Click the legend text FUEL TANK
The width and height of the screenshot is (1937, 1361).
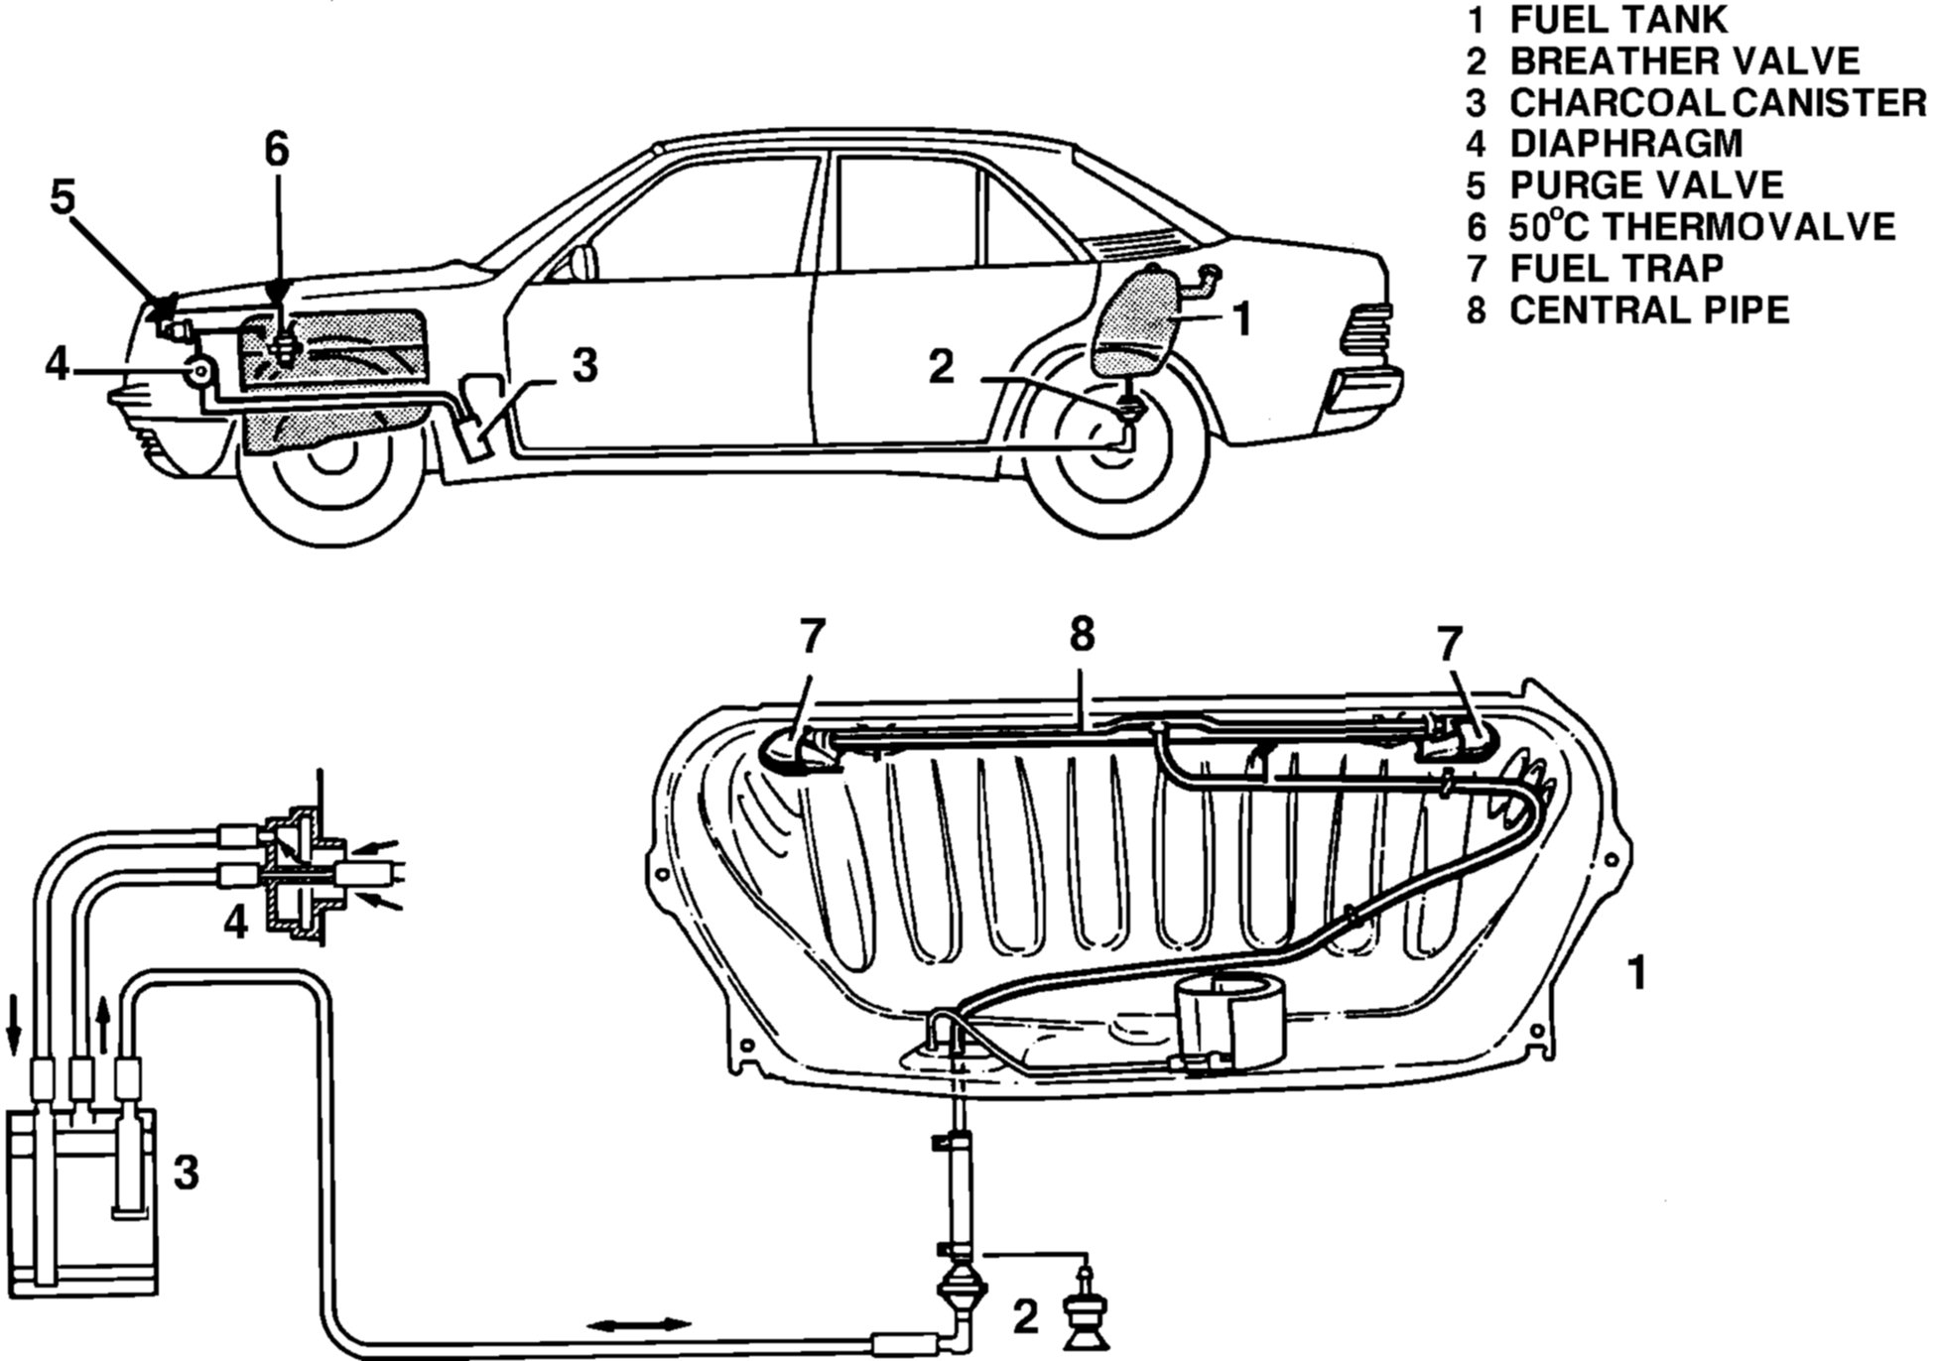click(x=1617, y=20)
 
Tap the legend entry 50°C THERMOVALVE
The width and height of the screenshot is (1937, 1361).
click(x=1701, y=227)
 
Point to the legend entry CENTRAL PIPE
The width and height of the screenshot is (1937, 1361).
click(x=1649, y=310)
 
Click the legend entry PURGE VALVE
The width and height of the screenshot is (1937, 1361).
click(x=1645, y=186)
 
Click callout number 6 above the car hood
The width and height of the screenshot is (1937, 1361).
click(x=276, y=150)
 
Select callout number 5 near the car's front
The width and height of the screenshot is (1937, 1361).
click(x=63, y=198)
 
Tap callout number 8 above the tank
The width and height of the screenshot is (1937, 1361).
click(x=1082, y=636)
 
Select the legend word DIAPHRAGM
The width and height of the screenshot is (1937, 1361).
click(x=1625, y=144)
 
